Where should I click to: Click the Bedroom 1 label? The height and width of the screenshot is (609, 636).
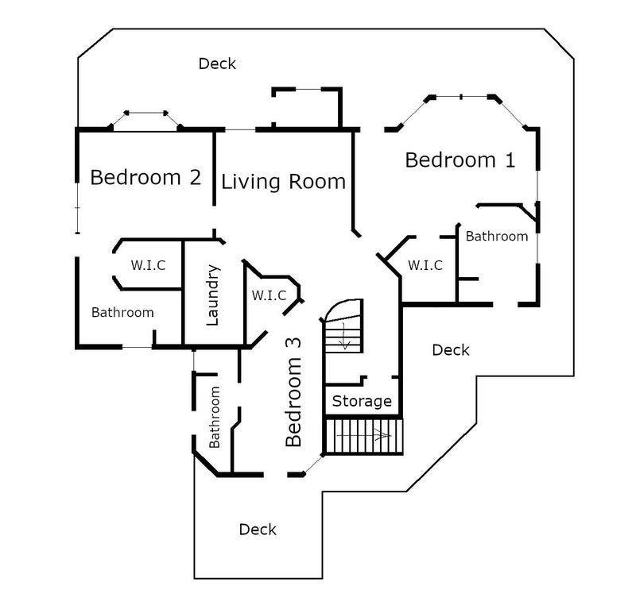click(x=460, y=160)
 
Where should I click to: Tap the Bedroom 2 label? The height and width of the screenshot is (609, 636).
click(x=145, y=178)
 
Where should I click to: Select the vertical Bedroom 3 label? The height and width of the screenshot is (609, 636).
click(x=293, y=392)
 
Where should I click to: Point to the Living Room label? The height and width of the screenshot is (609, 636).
click(x=283, y=181)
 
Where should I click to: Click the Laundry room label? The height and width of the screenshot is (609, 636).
click(x=212, y=295)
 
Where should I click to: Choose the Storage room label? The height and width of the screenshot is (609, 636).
click(x=362, y=401)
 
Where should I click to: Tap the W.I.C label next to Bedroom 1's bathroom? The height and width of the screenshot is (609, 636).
click(x=425, y=265)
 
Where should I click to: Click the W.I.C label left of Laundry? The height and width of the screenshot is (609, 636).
click(x=148, y=265)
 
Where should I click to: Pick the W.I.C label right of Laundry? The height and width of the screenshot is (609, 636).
click(x=269, y=295)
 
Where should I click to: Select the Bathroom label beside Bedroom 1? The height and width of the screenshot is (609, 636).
click(x=497, y=237)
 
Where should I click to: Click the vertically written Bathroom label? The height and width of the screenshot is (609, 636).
click(x=214, y=417)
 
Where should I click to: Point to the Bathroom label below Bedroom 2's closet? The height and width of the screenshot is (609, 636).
click(x=122, y=312)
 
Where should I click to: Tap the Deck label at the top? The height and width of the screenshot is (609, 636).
click(x=217, y=64)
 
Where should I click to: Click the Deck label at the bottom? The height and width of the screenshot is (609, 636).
click(x=258, y=530)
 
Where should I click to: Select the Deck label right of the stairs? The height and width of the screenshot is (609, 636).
click(x=451, y=350)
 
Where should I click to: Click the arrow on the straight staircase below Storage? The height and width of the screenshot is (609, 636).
click(x=364, y=436)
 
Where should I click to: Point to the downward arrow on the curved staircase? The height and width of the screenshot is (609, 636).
click(x=345, y=336)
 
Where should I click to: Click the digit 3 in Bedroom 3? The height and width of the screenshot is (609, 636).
click(x=293, y=343)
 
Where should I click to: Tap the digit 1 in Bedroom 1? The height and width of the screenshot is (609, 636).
click(x=510, y=160)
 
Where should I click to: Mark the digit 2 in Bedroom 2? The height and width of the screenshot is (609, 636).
click(x=196, y=178)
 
